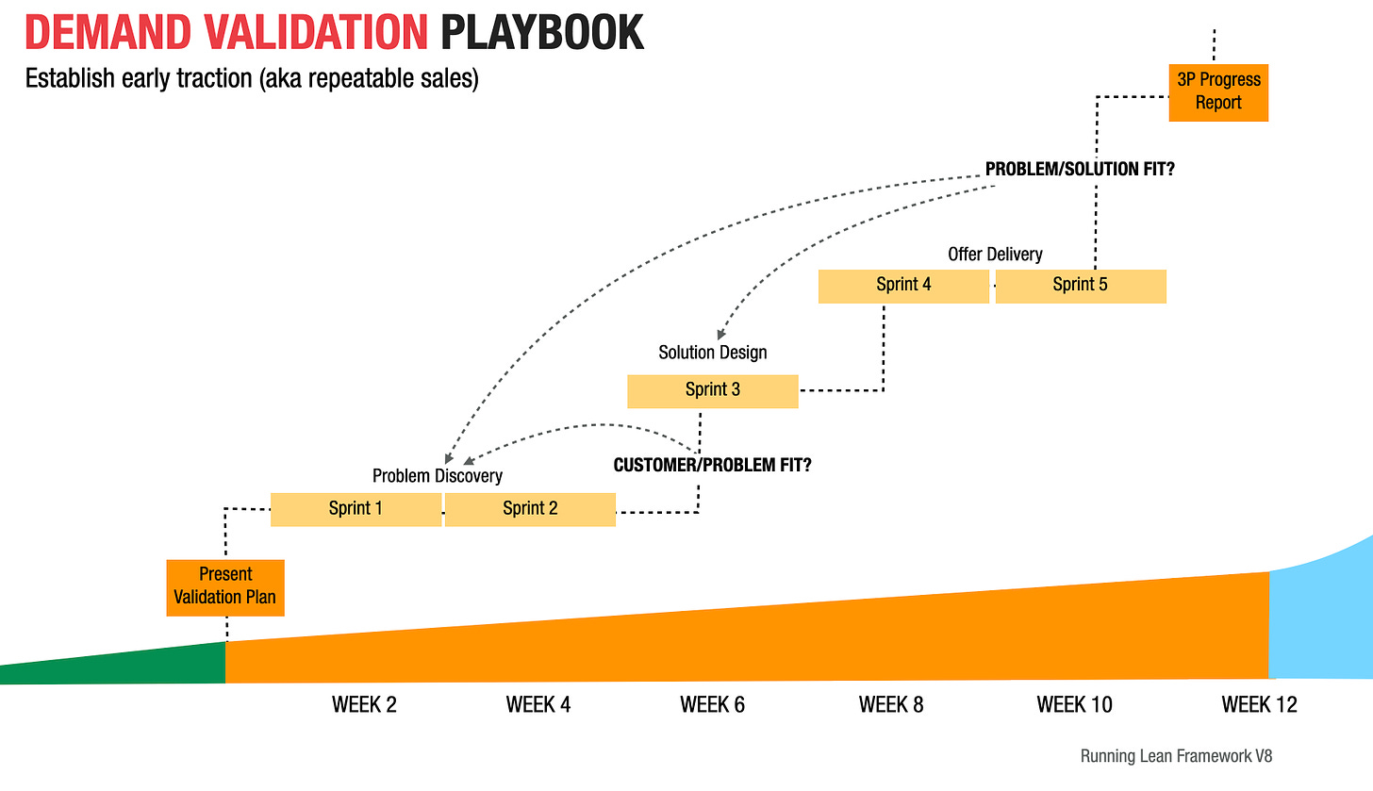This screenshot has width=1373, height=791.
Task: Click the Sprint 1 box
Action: [x=356, y=509]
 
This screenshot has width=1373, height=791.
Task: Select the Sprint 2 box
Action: [x=530, y=509]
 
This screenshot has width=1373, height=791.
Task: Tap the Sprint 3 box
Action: [x=713, y=390]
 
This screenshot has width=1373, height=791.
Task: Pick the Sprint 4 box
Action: [x=903, y=286]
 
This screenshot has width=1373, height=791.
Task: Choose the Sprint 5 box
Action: [x=1081, y=286]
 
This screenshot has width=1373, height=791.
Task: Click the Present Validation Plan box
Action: [x=225, y=586]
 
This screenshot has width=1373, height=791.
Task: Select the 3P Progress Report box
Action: [x=1218, y=91]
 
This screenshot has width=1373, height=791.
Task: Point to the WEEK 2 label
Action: [x=364, y=705]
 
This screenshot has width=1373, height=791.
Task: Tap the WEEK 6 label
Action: [x=712, y=705]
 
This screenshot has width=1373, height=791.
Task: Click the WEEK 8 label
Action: [x=891, y=705]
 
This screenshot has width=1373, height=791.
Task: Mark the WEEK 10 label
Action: [x=1074, y=705]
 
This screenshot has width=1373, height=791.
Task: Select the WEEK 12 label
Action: [x=1259, y=705]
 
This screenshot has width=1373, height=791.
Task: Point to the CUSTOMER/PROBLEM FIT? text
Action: [x=712, y=466]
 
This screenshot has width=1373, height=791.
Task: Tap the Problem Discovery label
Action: [x=437, y=476]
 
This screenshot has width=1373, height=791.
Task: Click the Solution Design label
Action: [x=712, y=353]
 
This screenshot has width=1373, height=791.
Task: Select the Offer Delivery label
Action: [x=995, y=255]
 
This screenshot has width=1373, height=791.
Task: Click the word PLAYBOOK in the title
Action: [x=541, y=34]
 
